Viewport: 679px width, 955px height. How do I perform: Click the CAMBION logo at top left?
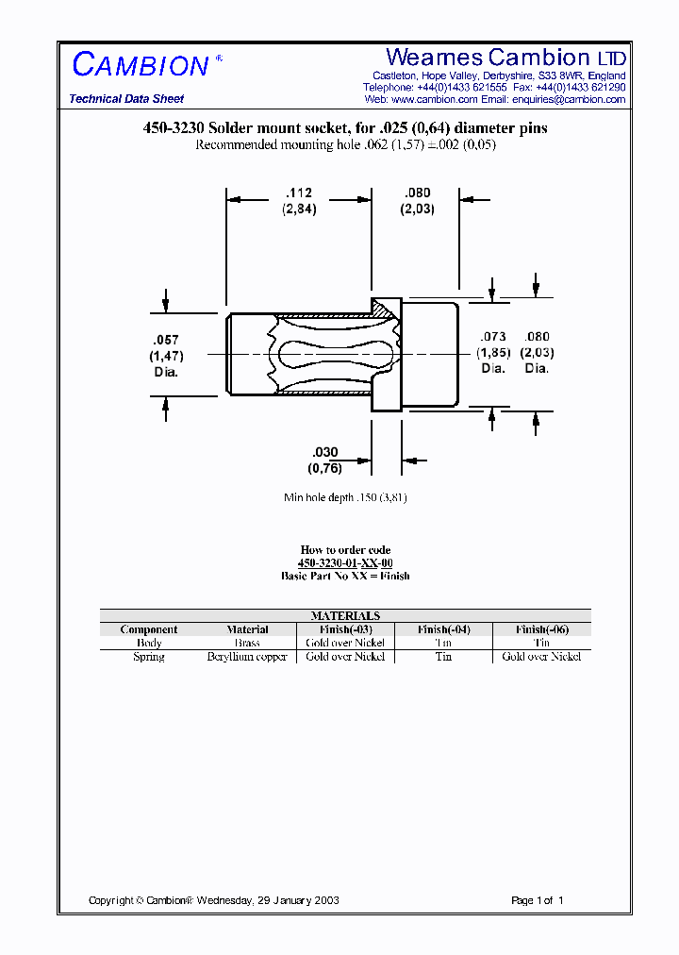(141, 65)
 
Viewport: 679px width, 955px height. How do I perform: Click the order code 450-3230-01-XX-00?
(345, 562)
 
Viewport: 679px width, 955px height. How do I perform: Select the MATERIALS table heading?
(345, 615)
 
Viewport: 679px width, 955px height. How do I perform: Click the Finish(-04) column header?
(443, 629)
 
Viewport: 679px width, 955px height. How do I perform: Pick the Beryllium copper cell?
(247, 657)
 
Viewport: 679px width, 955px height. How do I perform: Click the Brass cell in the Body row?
(247, 643)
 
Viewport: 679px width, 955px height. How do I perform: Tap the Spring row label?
(149, 657)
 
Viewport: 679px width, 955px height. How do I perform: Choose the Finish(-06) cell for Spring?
(541, 657)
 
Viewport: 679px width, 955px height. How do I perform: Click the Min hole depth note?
(345, 496)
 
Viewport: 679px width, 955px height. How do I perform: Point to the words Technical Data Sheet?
(126, 99)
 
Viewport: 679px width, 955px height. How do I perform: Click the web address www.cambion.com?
(435, 99)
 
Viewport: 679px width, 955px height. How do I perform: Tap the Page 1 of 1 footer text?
(537, 900)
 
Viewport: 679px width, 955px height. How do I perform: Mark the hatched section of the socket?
(385, 308)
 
